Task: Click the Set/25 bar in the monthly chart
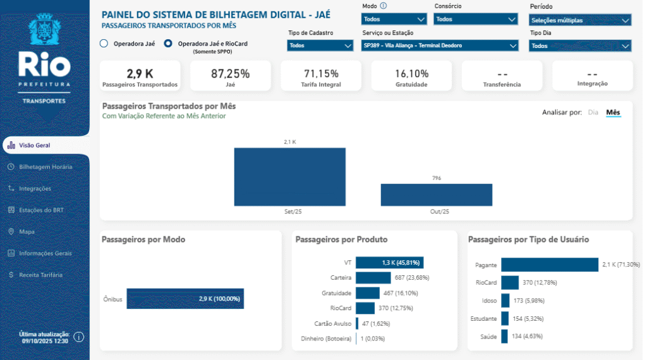tap(289, 176)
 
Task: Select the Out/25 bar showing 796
tap(436, 195)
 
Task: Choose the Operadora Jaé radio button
tap(104, 44)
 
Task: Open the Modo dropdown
tap(393, 20)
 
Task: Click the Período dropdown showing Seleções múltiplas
tap(580, 20)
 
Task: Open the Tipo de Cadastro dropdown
tap(320, 45)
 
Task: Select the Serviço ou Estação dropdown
tap(440, 45)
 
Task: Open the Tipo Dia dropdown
tap(580, 45)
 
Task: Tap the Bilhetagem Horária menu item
tap(45, 167)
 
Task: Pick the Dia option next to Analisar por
tap(593, 112)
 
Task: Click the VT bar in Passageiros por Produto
tap(389, 263)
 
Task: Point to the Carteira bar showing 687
tap(373, 277)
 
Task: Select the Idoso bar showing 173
tap(505, 301)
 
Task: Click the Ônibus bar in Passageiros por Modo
tap(185, 299)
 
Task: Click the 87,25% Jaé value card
tap(230, 76)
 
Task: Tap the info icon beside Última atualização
tap(79, 337)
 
